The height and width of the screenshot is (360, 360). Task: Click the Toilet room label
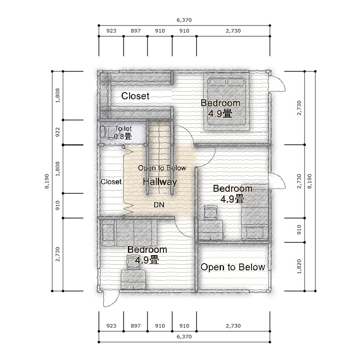(123, 129)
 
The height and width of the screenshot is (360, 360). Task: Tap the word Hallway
(160, 182)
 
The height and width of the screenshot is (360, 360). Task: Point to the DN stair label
(159, 205)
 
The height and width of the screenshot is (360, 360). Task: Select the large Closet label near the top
(135, 96)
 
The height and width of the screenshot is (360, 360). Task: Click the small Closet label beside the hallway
(111, 182)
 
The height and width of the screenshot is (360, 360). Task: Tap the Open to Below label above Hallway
(162, 168)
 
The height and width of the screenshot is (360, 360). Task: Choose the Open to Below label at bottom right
(233, 267)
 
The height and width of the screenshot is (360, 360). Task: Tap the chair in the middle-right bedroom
(210, 212)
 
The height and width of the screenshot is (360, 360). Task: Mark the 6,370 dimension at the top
(184, 20)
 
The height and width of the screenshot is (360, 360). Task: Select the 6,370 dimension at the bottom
(184, 337)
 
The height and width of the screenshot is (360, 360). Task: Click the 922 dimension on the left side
(58, 132)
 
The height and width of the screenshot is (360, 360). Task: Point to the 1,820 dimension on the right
(299, 266)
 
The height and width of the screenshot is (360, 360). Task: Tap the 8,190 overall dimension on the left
(47, 181)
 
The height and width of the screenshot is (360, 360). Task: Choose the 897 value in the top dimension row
(136, 31)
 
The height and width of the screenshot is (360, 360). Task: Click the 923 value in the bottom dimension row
(111, 326)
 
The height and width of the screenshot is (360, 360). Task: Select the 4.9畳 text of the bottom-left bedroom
(147, 260)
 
